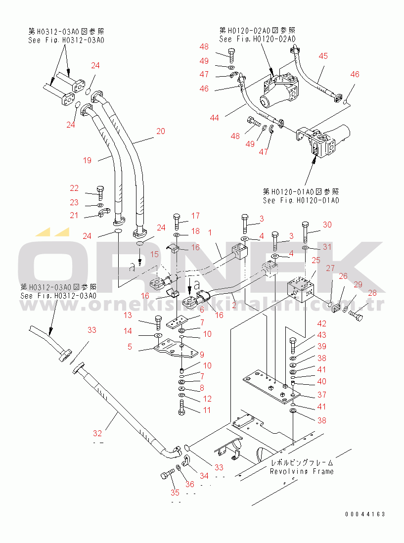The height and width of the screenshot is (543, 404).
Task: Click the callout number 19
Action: click(x=87, y=160)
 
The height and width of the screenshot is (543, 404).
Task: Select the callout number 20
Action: click(x=160, y=131)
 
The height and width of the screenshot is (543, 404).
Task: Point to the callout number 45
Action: click(x=323, y=56)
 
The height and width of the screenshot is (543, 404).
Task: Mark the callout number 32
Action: click(x=98, y=433)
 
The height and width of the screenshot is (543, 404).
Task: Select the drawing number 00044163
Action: click(x=365, y=514)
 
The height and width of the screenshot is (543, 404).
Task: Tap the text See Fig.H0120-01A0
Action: click(x=301, y=200)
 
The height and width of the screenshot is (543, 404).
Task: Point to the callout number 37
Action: click(x=322, y=395)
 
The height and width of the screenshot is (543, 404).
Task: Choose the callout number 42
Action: click(x=322, y=324)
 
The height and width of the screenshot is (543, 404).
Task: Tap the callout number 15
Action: click(x=154, y=254)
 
